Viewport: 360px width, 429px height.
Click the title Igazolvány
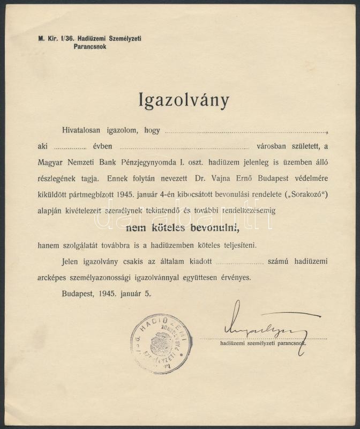point(184,100)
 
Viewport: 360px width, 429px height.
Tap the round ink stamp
point(161,343)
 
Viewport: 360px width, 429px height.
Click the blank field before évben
point(70,147)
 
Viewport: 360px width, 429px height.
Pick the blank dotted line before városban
point(184,147)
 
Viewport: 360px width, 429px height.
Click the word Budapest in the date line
point(77,293)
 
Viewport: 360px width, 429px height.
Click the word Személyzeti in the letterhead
point(129,39)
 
